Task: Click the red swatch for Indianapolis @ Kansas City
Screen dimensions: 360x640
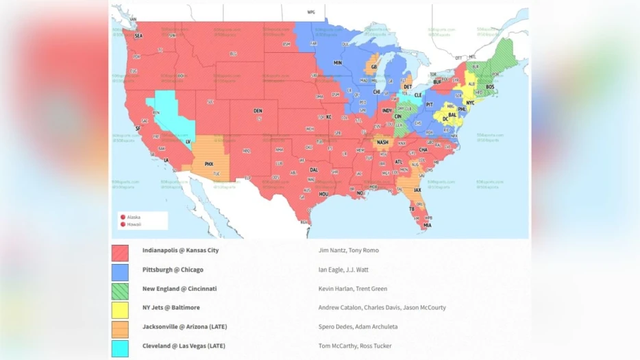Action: point(120,253)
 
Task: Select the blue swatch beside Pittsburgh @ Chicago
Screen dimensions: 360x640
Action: point(120,272)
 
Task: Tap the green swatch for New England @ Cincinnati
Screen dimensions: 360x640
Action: point(120,291)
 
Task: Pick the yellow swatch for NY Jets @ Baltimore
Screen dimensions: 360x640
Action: point(120,310)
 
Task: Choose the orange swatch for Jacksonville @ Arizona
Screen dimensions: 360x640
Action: point(120,329)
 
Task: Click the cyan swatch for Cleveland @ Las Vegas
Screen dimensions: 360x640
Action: point(120,348)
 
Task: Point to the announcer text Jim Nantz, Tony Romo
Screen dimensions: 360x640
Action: point(348,250)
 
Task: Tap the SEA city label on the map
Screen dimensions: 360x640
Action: point(138,36)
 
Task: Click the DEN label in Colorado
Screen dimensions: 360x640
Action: point(258,110)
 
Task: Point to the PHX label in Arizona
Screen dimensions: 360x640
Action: point(209,165)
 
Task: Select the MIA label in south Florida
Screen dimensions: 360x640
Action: point(428,225)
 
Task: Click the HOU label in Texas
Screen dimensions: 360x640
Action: point(323,194)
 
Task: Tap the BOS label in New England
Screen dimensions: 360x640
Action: point(490,87)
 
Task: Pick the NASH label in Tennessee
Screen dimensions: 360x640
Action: point(382,143)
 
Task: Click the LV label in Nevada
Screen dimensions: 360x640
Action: point(188,141)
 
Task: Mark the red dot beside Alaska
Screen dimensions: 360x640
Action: point(123,217)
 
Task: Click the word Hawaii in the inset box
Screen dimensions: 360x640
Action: point(134,224)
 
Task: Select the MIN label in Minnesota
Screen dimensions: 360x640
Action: point(337,62)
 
